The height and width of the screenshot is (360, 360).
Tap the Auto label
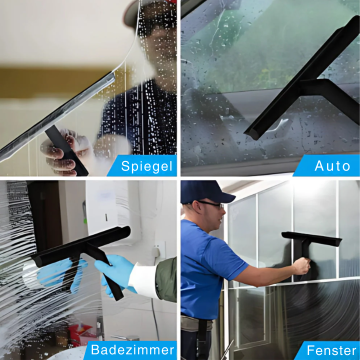[332, 165]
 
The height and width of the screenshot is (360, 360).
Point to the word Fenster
[331, 350]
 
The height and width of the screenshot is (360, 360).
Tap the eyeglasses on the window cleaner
[210, 204]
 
